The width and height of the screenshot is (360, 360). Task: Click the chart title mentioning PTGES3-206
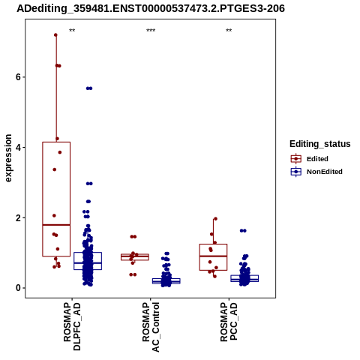pos(151,8)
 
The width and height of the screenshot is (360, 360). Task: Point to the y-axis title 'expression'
pos(8,158)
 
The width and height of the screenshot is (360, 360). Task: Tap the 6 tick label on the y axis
pos(18,77)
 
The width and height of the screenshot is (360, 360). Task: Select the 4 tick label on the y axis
pos(18,147)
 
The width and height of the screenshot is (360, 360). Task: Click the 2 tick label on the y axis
pos(18,217)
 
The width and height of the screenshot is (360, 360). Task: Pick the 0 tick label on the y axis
pos(18,288)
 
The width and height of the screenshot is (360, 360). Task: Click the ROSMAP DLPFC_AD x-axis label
pos(72,327)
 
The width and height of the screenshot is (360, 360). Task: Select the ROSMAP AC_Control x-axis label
pos(151,327)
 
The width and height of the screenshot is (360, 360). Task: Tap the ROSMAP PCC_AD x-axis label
pos(229,322)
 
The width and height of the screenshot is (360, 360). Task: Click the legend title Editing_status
pos(320,144)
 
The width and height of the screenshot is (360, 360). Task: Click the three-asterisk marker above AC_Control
pos(151,31)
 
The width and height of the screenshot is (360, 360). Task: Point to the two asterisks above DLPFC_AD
pos(72,31)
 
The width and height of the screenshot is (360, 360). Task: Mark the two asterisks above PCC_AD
pos(229,31)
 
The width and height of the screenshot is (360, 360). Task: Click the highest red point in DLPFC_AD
pos(55,35)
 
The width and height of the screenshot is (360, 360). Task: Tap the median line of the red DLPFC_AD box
pos(56,225)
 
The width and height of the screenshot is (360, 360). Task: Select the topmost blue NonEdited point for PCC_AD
pos(243,231)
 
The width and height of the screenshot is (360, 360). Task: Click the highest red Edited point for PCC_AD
pos(215,219)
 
